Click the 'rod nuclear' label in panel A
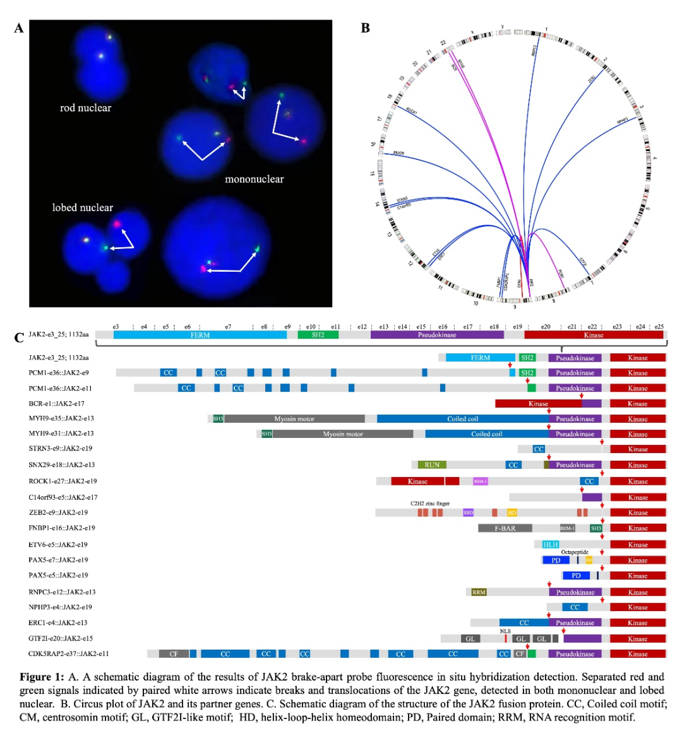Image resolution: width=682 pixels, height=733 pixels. [x=85, y=108]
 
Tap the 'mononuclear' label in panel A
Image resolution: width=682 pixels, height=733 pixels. [x=254, y=179]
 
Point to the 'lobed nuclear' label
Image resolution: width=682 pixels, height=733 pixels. [x=83, y=208]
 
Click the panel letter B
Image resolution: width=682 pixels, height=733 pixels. [x=365, y=28]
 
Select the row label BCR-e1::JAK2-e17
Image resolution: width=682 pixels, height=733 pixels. [x=56, y=404]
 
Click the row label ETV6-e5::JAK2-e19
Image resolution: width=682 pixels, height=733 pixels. [x=57, y=545]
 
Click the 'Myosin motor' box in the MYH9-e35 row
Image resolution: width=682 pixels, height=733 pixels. [x=294, y=419]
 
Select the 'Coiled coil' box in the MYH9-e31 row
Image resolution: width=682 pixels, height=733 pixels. [x=487, y=434]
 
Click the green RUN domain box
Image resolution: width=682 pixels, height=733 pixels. [x=432, y=465]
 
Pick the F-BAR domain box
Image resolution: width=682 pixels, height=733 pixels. [x=505, y=528]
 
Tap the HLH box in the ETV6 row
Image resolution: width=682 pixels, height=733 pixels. [x=551, y=545]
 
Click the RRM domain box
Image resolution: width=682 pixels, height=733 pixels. [x=479, y=592]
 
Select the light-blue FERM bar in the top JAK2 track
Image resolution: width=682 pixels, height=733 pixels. [x=200, y=335]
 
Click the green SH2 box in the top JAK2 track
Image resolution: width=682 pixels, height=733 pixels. [x=318, y=335]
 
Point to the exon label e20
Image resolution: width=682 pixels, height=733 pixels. [x=546, y=327]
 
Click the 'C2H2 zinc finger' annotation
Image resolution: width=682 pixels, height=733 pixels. [x=430, y=504]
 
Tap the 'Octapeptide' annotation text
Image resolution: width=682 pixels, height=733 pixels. [x=574, y=552]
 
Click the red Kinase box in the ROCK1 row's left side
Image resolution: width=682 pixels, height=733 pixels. [x=418, y=482]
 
